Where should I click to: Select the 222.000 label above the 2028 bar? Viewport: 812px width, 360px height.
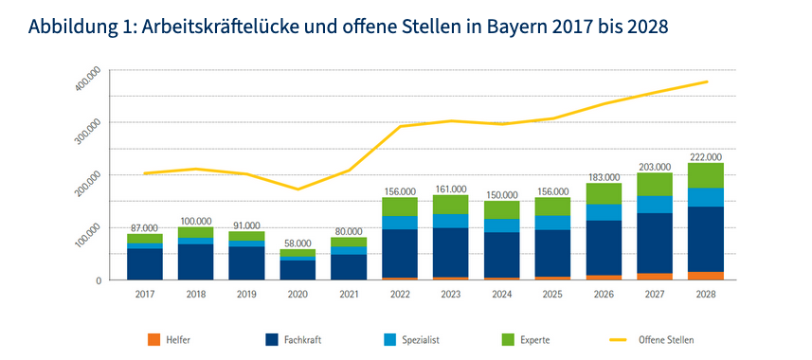706,157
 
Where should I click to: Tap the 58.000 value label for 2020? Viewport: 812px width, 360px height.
298,243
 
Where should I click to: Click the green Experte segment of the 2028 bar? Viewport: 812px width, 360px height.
706,175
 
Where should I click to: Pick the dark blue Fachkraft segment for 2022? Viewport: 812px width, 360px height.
400,253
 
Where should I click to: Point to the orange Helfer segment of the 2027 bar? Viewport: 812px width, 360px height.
655,277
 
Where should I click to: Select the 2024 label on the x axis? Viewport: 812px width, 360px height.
501,294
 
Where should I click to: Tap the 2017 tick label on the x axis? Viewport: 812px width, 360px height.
144,294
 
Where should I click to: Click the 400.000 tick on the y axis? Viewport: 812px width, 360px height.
87,81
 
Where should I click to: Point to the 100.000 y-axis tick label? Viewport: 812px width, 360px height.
87,237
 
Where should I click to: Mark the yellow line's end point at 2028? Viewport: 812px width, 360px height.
707,81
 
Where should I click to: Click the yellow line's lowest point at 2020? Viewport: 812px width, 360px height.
298,189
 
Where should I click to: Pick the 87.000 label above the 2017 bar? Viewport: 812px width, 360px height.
144,228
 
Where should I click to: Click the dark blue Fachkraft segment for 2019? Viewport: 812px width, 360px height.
246,262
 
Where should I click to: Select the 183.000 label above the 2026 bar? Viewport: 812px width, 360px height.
604,177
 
